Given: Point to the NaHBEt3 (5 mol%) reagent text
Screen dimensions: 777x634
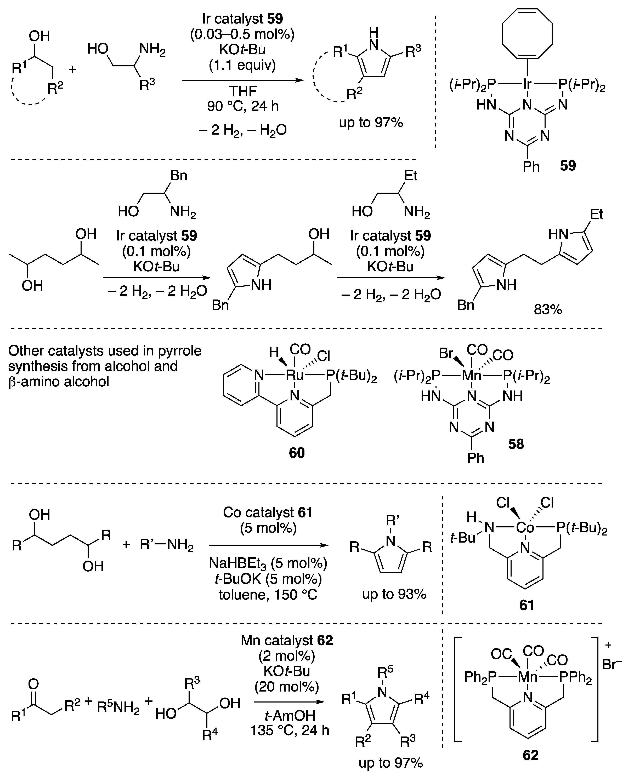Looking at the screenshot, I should pos(268,563).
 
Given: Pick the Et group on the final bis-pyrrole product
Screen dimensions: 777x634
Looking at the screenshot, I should pos(596,215).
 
